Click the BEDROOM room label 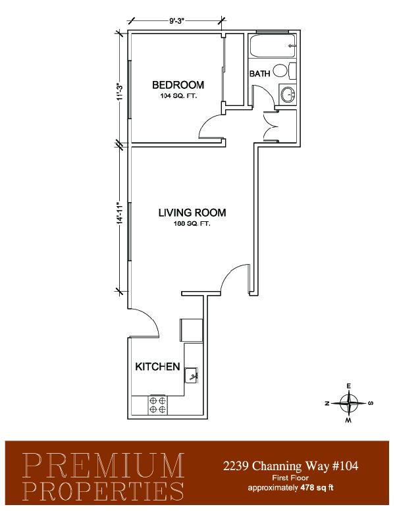coord(178,85)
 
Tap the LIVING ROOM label coord(192,213)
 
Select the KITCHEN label coord(157,367)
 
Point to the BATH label coord(260,74)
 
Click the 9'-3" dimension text coord(177,22)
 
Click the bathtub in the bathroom coord(273,46)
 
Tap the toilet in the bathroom coord(284,70)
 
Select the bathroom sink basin coord(288,95)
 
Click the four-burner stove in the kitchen coord(158,405)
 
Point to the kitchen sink coord(191,375)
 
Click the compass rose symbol coord(349,403)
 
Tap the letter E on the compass coord(349,386)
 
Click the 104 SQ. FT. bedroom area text coord(178,96)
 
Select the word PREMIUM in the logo coord(103,465)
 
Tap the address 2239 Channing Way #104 coord(291,466)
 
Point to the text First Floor coord(290,479)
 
